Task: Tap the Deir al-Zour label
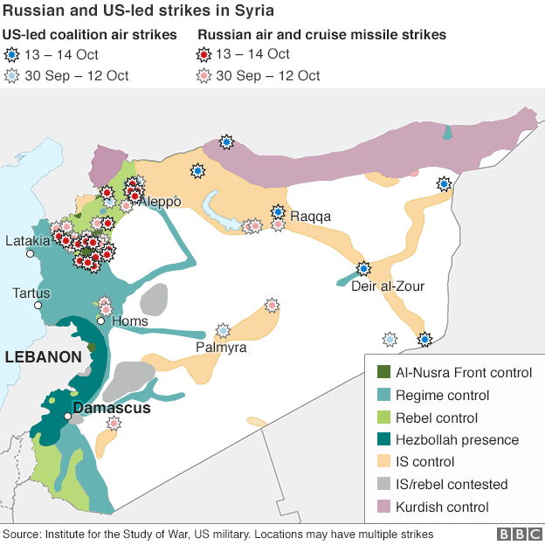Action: (387, 286)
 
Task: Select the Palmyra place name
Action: (220, 347)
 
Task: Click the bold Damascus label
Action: (111, 408)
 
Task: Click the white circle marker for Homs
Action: (101, 321)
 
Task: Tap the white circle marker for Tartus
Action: (38, 306)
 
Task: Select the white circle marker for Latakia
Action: (29, 254)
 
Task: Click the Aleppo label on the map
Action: (160, 202)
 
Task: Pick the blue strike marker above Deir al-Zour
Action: (362, 269)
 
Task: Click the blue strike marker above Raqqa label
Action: (278, 211)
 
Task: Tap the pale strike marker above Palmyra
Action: (224, 330)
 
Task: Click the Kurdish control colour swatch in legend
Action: (381, 507)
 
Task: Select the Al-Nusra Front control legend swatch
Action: (381, 373)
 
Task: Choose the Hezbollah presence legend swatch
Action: (381, 440)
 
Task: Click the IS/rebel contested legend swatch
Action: (381, 485)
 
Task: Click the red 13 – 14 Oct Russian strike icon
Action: (206, 54)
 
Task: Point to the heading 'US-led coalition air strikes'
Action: (90, 35)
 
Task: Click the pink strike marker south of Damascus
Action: (113, 424)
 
